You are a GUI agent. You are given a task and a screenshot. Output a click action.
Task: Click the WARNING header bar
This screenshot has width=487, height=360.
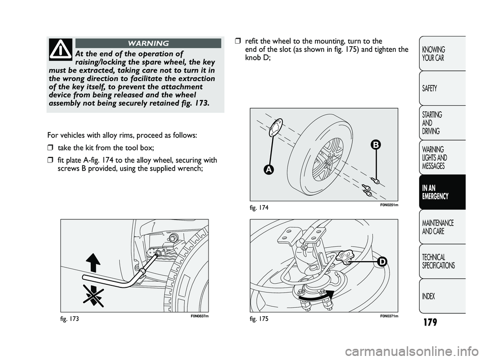click(x=148, y=43)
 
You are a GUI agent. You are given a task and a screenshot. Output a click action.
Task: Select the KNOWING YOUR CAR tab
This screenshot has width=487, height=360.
click(x=442, y=53)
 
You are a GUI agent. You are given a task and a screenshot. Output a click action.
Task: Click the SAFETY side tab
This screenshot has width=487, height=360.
click(x=442, y=88)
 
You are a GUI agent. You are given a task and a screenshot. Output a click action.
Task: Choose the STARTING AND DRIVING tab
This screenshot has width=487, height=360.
click(x=442, y=123)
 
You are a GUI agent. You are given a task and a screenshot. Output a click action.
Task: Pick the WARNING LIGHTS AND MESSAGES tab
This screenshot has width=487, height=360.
click(x=442, y=157)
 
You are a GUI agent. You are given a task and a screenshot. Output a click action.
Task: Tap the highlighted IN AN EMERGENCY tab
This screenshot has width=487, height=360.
click(x=442, y=192)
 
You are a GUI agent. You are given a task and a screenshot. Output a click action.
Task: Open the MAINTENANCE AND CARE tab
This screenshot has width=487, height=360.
click(x=442, y=227)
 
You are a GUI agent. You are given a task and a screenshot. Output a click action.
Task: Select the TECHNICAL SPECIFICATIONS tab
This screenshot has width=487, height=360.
click(x=442, y=261)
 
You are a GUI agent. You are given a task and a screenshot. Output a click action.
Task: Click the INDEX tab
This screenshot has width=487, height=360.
click(x=442, y=296)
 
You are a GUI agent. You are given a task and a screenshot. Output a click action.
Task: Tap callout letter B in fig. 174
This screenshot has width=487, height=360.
click(x=375, y=145)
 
